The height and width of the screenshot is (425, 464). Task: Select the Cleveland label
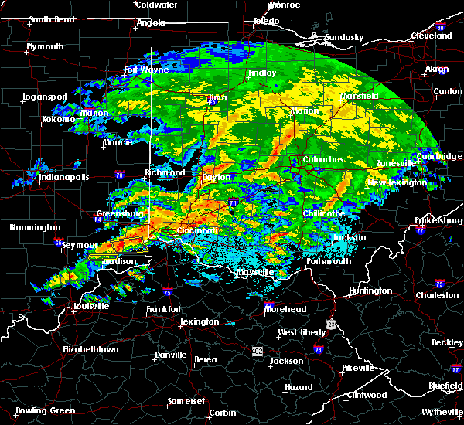[x=431, y=36]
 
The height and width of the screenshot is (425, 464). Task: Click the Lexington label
[x=200, y=321]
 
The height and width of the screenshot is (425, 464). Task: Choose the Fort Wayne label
[x=146, y=70]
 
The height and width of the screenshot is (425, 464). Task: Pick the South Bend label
[x=51, y=20]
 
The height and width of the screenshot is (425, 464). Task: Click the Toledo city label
[x=266, y=21]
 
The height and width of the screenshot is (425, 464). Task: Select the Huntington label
[x=370, y=291]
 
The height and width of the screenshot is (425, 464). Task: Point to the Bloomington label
[x=35, y=228]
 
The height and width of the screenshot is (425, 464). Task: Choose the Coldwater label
[x=156, y=5]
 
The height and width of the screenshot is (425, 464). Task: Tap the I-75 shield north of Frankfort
[x=169, y=292]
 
